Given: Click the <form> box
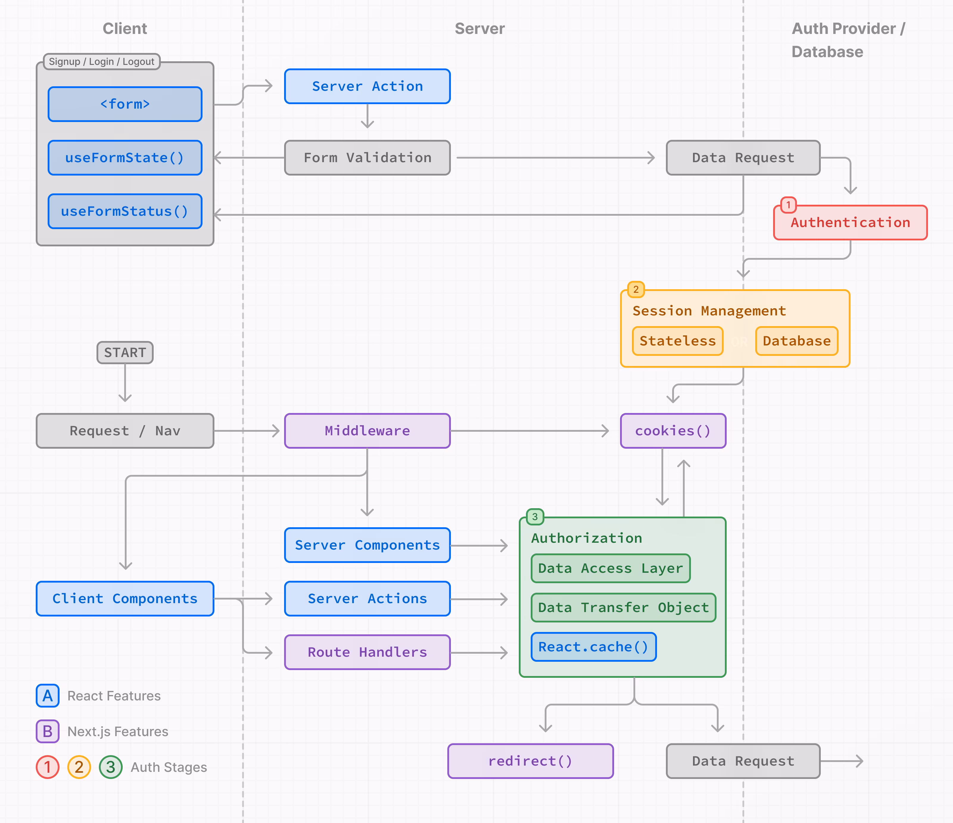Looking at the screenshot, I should click(125, 104).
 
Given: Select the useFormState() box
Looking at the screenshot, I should click(125, 158).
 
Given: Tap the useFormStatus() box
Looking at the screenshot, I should click(125, 211).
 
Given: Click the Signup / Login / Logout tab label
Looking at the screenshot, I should click(101, 62).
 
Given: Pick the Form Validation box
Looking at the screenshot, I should click(367, 158).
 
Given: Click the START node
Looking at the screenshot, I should click(125, 353).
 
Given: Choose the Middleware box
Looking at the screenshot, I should click(367, 431).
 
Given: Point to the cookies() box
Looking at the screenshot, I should click(673, 431).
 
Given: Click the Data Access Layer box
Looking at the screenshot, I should click(610, 568).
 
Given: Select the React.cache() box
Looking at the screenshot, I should click(593, 647).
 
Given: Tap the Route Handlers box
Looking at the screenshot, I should click(367, 652).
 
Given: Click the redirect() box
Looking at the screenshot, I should click(530, 761).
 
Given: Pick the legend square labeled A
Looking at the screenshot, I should click(47, 696).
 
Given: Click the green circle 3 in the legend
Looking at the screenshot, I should click(110, 767).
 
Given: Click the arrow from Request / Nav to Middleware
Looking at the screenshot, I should click(247, 431).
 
